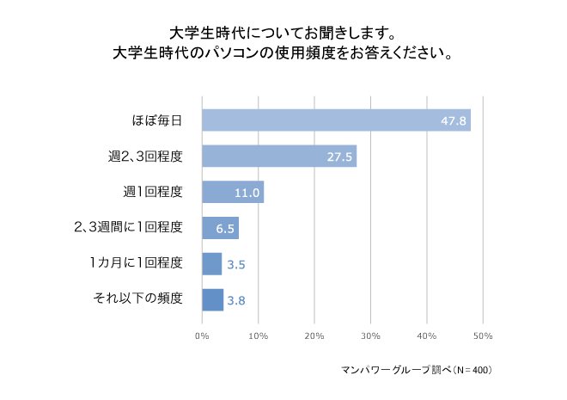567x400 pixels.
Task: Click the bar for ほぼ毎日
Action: click(x=335, y=120)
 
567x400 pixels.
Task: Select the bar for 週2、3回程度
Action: click(x=278, y=156)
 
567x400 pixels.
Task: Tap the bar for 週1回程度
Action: click(x=232, y=192)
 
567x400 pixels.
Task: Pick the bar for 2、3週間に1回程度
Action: click(x=219, y=227)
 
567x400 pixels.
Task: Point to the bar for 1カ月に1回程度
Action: click(x=211, y=263)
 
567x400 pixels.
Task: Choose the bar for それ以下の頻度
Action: click(x=212, y=299)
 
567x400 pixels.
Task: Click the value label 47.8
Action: click(x=452, y=121)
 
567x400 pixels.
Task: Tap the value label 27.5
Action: click(x=338, y=157)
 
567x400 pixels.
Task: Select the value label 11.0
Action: click(x=247, y=193)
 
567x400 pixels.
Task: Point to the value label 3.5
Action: click(x=237, y=264)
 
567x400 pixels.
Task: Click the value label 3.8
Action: click(x=238, y=300)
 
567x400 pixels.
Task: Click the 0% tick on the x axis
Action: click(x=202, y=335)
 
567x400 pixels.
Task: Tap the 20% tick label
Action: click(x=314, y=335)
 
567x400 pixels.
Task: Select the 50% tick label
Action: click(x=482, y=335)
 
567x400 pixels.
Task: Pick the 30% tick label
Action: click(x=370, y=335)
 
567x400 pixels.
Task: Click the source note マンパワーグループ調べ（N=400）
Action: click(x=416, y=370)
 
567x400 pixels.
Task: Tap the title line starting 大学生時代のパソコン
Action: click(x=283, y=53)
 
